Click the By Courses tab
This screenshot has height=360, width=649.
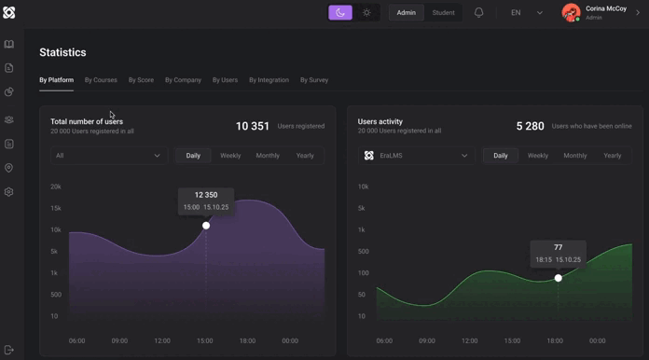click(101, 80)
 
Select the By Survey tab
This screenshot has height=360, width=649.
click(314, 80)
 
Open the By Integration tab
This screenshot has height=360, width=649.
click(269, 80)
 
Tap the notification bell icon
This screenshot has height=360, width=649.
click(478, 13)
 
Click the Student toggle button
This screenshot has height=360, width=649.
click(444, 13)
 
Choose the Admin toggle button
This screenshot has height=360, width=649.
click(407, 13)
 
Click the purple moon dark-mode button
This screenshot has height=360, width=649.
click(340, 13)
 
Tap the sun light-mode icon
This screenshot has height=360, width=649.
click(366, 13)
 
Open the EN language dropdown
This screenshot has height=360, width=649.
click(526, 13)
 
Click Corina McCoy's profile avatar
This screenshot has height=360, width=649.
click(571, 13)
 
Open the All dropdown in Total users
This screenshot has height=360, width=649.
click(107, 156)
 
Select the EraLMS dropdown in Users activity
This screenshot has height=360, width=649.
click(416, 156)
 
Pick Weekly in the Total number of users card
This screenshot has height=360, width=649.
click(230, 156)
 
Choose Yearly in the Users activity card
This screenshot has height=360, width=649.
click(613, 156)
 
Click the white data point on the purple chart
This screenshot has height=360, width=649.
click(206, 226)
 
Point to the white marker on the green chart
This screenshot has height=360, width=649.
click(559, 278)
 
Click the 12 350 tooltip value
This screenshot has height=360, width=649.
click(206, 196)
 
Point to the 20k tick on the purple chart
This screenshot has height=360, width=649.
click(56, 187)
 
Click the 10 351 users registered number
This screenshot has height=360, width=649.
click(253, 126)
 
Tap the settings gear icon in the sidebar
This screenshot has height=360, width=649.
click(9, 192)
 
